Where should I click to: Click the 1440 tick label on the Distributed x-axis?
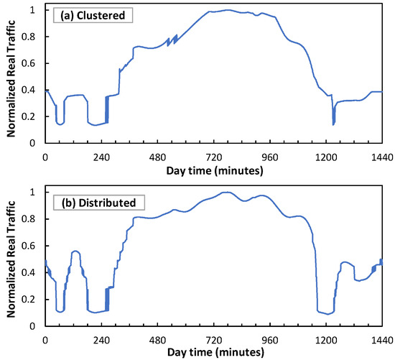click(x=380, y=339)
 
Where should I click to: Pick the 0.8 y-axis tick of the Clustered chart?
click(x=32, y=37)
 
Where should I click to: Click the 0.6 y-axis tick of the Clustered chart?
click(x=32, y=64)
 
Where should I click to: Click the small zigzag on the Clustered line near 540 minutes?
click(x=172, y=40)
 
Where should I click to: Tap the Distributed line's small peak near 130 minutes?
click(x=75, y=251)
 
